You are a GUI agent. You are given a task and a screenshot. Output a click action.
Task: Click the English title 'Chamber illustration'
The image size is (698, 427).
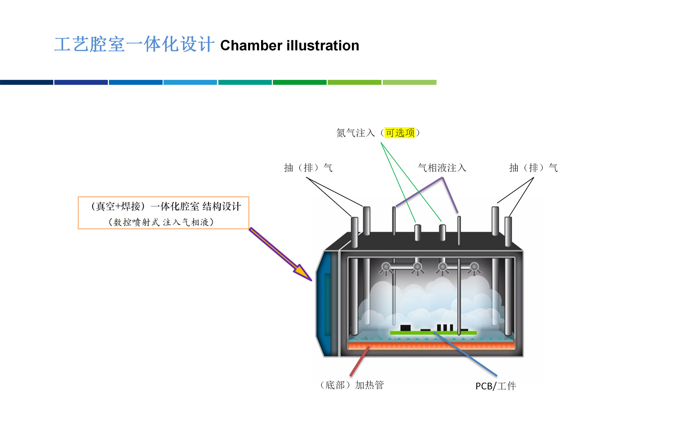[x=289, y=45]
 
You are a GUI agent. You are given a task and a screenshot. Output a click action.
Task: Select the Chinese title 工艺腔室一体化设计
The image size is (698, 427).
[x=134, y=44]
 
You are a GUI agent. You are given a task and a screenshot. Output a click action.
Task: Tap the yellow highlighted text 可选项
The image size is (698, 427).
[x=400, y=133]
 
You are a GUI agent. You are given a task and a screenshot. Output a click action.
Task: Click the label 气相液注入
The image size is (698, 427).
[x=442, y=168]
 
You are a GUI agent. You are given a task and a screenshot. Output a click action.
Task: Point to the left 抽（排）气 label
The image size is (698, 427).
[x=308, y=168]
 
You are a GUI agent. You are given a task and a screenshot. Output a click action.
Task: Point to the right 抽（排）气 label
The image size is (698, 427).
[x=533, y=168]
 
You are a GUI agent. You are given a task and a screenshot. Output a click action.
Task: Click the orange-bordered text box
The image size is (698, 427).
[x=164, y=213]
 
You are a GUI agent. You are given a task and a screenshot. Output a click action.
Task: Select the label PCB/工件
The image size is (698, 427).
[x=496, y=386]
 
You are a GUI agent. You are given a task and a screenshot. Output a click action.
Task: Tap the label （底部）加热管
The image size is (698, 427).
[x=351, y=385]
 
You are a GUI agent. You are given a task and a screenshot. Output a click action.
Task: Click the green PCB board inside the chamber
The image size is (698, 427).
[x=433, y=333]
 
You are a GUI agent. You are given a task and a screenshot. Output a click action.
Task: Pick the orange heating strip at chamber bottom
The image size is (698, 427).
[x=432, y=345]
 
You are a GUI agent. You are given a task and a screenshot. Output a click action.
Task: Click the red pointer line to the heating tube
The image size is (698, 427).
[x=360, y=361]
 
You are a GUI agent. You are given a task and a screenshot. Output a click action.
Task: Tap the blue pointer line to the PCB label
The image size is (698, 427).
[x=465, y=354]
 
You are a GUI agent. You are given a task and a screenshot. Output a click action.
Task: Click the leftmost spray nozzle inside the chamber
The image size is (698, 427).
[x=386, y=268]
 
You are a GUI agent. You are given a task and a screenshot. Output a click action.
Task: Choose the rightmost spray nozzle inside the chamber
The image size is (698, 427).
[x=474, y=268]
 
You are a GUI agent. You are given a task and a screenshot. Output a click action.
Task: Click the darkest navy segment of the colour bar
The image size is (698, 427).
[x=27, y=82]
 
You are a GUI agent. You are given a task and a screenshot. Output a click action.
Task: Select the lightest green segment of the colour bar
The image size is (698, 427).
[x=409, y=82]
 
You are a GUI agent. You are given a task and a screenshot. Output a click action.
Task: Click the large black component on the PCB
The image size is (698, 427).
[x=405, y=328]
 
